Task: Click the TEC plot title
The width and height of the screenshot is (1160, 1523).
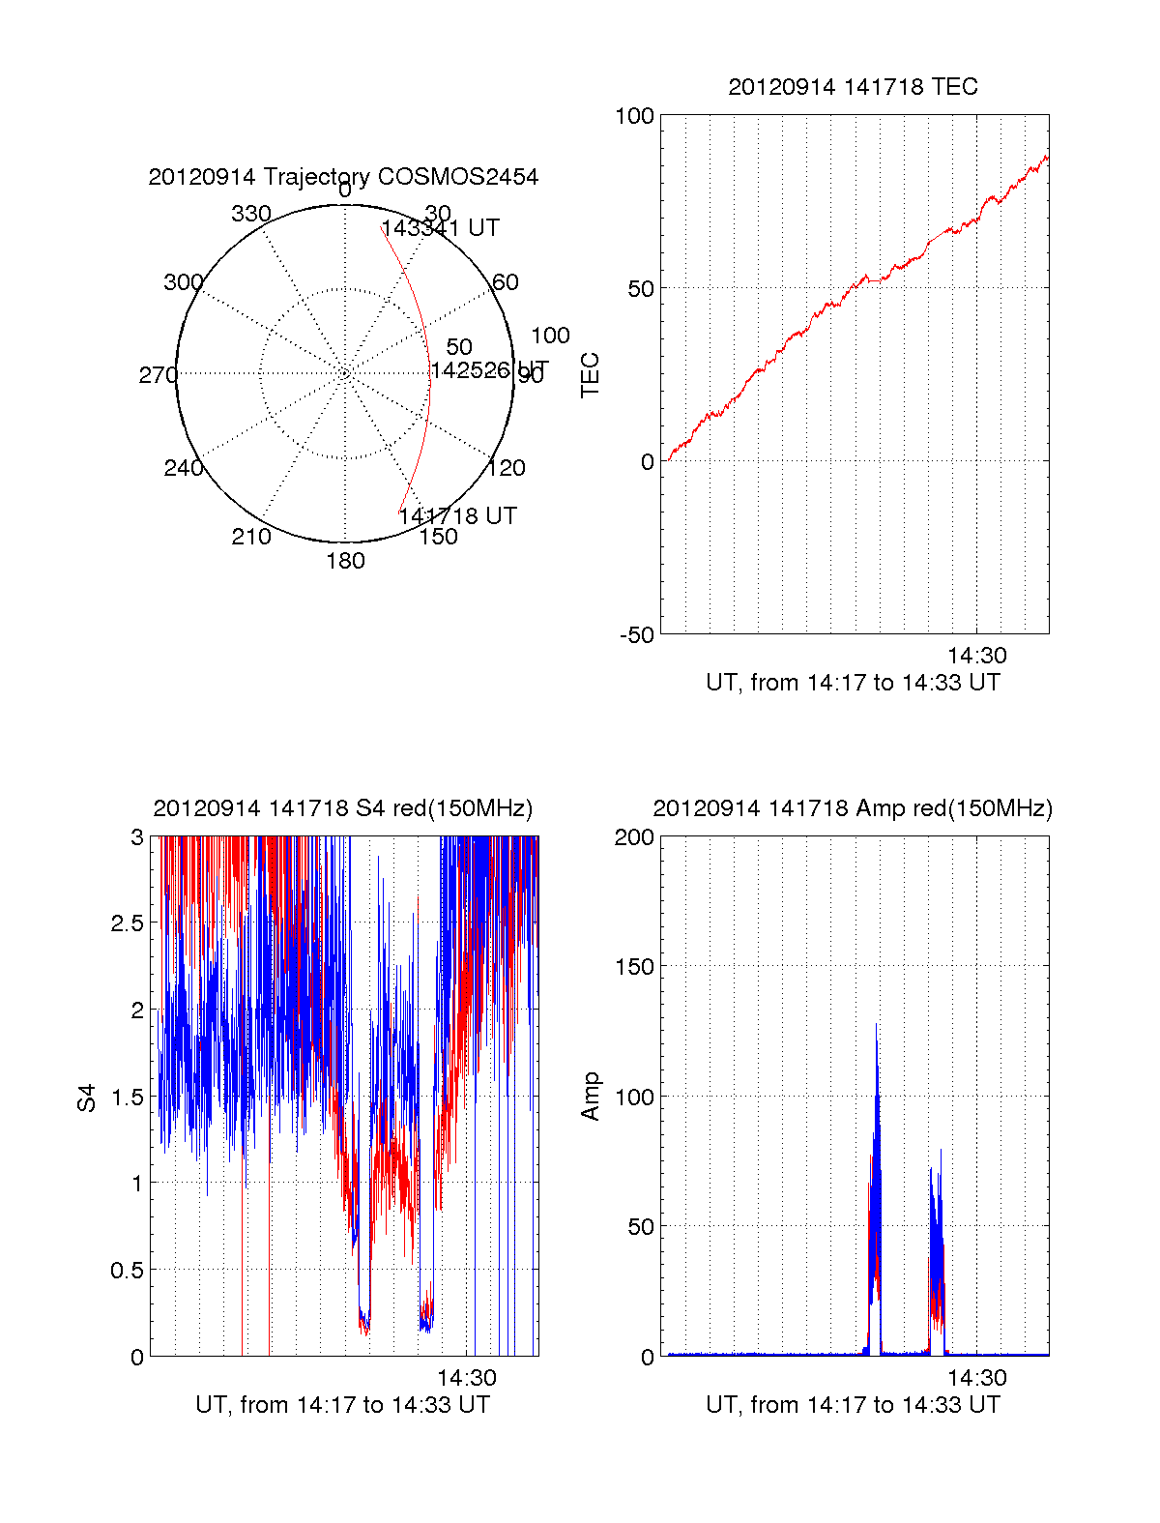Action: (x=853, y=87)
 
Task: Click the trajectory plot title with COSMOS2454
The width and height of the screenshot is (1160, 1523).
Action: (x=343, y=177)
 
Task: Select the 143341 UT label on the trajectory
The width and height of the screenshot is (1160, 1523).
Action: (x=441, y=228)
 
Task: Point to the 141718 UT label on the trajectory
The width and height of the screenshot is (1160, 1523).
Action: (x=457, y=515)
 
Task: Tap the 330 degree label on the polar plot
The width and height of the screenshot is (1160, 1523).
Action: (x=251, y=214)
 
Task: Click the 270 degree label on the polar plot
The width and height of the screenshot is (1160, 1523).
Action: (x=158, y=375)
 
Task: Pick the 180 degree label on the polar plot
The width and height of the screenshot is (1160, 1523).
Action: (x=345, y=561)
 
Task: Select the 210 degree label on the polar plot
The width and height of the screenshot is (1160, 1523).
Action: (x=251, y=537)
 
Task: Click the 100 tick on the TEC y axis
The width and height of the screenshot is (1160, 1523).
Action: (x=634, y=116)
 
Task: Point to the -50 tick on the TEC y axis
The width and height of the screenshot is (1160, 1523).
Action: (x=637, y=635)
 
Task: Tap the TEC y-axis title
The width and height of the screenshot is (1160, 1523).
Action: (x=591, y=375)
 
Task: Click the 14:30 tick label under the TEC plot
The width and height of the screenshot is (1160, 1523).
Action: (x=976, y=656)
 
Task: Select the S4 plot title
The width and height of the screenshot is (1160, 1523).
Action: (x=343, y=808)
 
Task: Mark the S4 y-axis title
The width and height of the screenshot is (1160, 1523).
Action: (x=88, y=1098)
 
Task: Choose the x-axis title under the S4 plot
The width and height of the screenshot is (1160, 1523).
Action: (x=343, y=1405)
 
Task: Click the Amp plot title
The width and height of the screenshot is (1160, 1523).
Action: (x=853, y=808)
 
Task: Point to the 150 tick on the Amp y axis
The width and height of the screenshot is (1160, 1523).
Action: (x=634, y=967)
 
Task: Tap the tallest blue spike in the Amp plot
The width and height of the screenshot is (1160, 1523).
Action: (x=877, y=1027)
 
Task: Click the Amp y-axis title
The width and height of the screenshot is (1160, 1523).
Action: (x=591, y=1097)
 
